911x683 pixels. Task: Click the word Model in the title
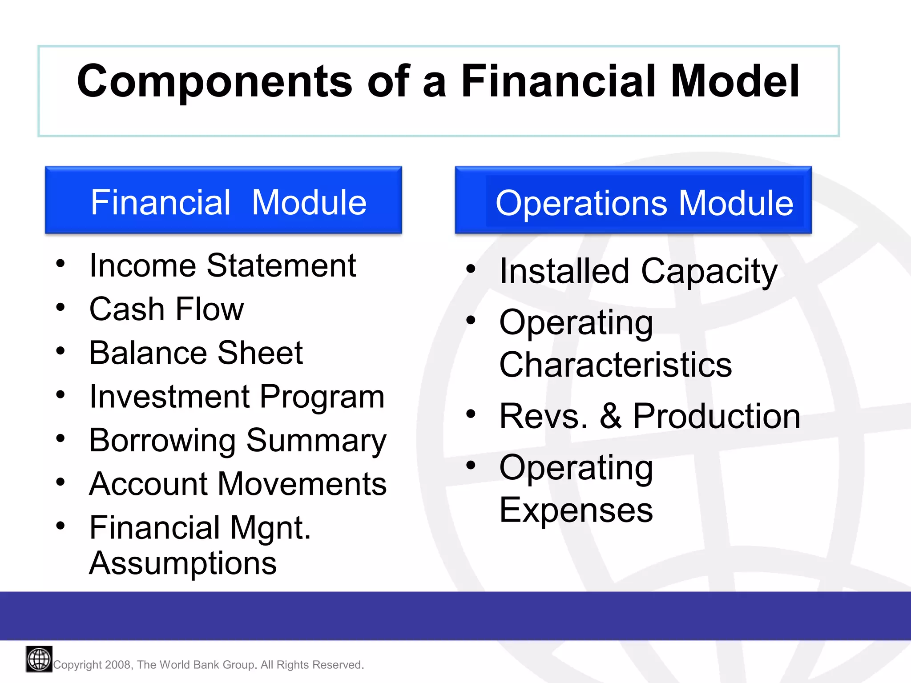pyautogui.click(x=735, y=81)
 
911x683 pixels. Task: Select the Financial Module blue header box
pyautogui.click(x=223, y=200)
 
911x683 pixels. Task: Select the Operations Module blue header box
pyautogui.click(x=633, y=200)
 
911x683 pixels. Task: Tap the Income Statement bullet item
pyautogui.click(x=222, y=266)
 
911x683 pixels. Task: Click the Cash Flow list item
pyautogui.click(x=166, y=309)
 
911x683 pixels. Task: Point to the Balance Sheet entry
pyautogui.click(x=196, y=353)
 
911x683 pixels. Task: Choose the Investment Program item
pyautogui.click(x=237, y=397)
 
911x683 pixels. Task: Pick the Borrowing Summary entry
pyautogui.click(x=238, y=441)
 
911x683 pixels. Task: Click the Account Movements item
pyautogui.click(x=238, y=484)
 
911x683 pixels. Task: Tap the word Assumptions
pyautogui.click(x=183, y=563)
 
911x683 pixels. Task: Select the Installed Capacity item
pyautogui.click(x=638, y=271)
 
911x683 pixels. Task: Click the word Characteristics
pyautogui.click(x=615, y=365)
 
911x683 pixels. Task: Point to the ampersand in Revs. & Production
pyautogui.click(x=611, y=416)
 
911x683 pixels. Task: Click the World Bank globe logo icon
pyautogui.click(x=39, y=659)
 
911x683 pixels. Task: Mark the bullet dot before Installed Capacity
pyautogui.click(x=471, y=269)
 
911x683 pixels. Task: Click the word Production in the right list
pyautogui.click(x=716, y=416)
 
